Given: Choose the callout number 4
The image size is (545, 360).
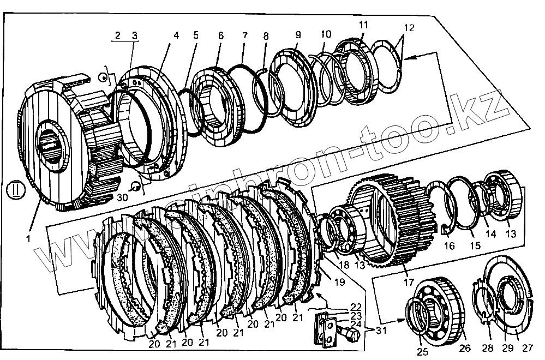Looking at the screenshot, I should click(176, 35).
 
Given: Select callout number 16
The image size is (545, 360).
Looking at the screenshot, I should click(449, 246).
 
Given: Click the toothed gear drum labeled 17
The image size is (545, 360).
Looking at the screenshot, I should click(393, 224).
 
